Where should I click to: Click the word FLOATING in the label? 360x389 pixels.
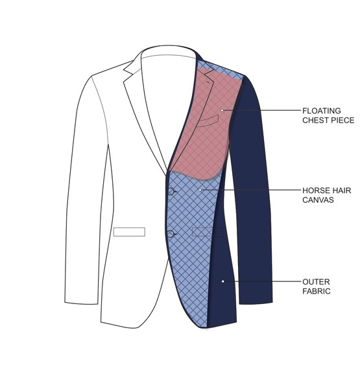[322, 111]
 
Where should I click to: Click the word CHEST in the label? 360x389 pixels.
[314, 121]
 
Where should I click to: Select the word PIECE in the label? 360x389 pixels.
[341, 121]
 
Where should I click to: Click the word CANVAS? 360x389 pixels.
[318, 200]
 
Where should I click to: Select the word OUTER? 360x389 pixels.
[316, 282]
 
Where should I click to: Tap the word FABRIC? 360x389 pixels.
[317, 291]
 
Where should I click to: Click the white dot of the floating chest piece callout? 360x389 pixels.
[222, 110]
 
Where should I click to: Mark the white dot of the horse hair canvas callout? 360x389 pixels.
[200, 190]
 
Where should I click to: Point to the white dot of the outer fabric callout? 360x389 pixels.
[223, 281]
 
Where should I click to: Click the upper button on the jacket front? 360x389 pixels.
[171, 191]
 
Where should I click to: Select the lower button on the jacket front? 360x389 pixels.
[171, 234]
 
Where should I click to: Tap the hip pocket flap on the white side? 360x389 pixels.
[129, 232]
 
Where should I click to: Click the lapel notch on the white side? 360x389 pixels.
[130, 72]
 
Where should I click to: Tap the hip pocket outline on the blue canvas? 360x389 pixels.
[208, 231]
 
